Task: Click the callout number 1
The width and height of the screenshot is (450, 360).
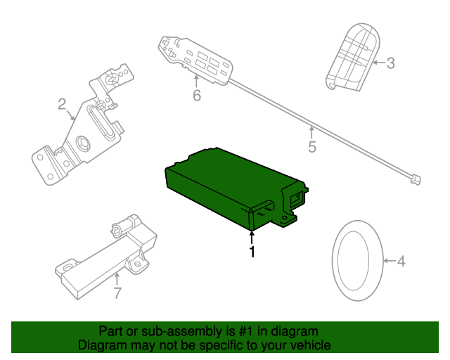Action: tap(252, 251)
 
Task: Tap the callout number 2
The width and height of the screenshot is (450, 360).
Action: tap(62, 105)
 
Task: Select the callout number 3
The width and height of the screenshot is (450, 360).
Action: tap(391, 63)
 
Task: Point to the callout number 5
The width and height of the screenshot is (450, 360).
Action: tap(312, 147)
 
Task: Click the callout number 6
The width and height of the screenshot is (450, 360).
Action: tap(197, 95)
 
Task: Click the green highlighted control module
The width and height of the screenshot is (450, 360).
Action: tap(225, 186)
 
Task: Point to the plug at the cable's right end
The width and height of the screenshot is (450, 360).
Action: tap(415, 180)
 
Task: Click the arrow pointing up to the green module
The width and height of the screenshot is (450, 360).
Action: tap(252, 235)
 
